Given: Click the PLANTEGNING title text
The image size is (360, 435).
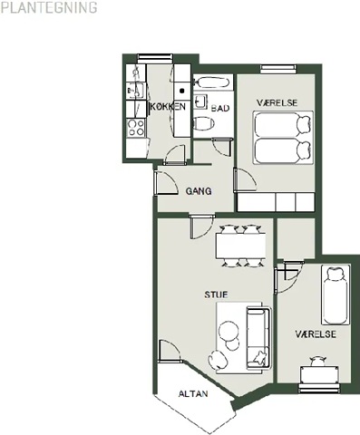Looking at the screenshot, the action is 49,7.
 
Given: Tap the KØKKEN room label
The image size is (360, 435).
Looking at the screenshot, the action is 168,107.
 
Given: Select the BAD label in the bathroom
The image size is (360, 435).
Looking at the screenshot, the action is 220,108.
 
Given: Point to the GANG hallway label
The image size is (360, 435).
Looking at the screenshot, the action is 199,191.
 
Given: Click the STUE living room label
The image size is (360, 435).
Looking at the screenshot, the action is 216,295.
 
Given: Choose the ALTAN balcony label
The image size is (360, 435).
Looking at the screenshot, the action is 193,394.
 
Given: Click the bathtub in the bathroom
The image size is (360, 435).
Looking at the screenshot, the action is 213,82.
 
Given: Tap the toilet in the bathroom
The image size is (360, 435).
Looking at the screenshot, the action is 204,123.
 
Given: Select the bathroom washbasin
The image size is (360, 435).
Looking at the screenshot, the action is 200,101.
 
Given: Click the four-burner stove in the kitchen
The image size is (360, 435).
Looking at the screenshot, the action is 136,128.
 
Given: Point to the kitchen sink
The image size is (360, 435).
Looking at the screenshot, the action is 136,90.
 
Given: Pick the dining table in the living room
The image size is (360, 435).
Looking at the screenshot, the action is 241,246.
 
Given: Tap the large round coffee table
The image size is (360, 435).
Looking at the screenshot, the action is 229,331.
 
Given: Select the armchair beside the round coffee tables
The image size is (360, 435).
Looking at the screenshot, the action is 218,359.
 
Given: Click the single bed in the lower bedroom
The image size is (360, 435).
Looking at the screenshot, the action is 335,295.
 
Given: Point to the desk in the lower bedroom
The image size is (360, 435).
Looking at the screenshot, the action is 318,374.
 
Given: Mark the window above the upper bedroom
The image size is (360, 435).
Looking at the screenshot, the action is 277,69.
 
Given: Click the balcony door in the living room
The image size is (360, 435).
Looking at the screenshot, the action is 170,351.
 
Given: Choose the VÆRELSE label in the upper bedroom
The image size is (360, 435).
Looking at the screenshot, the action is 277,102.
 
